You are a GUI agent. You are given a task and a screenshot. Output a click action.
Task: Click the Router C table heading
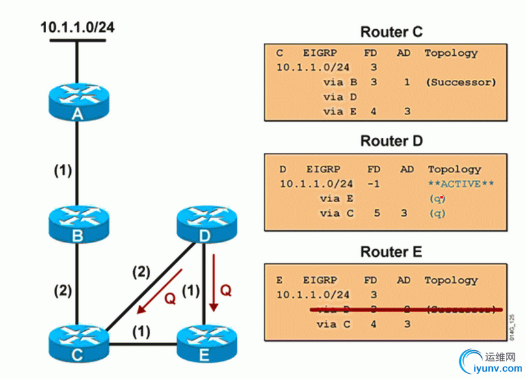click(391, 31)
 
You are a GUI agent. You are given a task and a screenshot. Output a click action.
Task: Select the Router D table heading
click(391, 140)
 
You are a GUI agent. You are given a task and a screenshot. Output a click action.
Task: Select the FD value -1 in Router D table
click(373, 184)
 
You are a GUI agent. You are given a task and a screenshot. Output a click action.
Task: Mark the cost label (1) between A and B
click(62, 171)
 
